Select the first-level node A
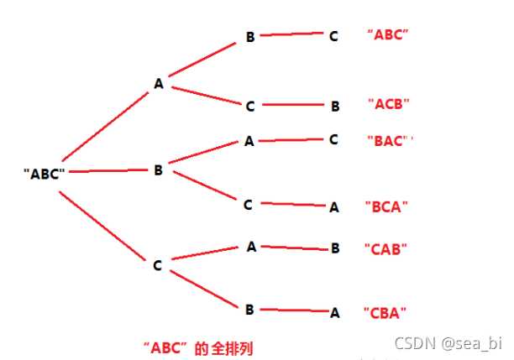point(158,83)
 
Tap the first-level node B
point(158,170)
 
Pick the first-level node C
point(157,265)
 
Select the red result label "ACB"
point(389,105)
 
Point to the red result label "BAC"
point(389,140)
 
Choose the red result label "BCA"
point(387,206)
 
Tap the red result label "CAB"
point(386,249)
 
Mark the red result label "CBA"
point(386,312)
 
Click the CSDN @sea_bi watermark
point(460,343)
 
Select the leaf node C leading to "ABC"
point(333,36)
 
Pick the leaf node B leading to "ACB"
point(334,106)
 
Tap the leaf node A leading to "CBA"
point(334,312)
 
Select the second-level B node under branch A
point(250,37)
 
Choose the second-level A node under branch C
point(250,247)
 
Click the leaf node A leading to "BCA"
point(333,206)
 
